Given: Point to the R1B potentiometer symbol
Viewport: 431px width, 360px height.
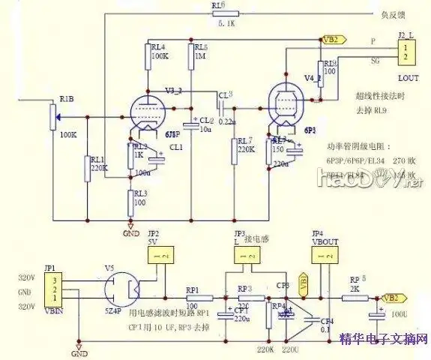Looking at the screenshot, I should tap(52, 117).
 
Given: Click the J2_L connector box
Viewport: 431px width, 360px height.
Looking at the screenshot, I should tap(406, 53).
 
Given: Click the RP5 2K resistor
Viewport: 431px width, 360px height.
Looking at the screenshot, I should tap(353, 298).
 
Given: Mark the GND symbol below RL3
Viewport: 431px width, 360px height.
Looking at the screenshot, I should tap(130, 223).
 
